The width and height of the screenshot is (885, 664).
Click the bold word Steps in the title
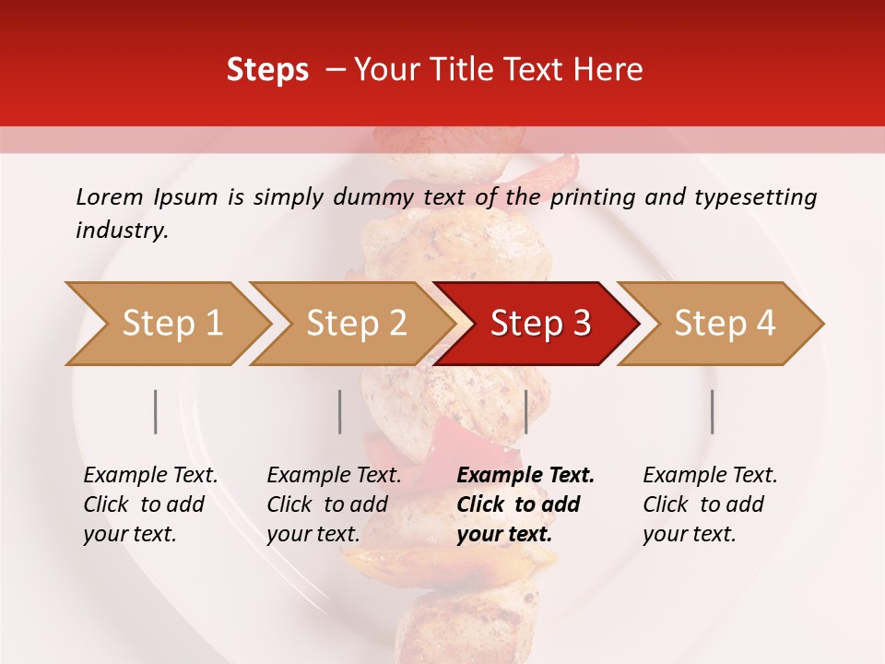267,70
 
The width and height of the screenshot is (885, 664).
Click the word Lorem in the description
109,196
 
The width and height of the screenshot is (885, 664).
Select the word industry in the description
121,231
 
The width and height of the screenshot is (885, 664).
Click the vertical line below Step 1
156,411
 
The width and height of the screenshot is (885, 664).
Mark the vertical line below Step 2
340,411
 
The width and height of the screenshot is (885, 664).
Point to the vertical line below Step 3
525,411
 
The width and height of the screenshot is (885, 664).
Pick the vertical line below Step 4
712,411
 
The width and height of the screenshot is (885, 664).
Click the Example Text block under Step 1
150,504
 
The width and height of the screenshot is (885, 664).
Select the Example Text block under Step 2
334,504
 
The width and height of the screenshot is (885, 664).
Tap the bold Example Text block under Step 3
525,504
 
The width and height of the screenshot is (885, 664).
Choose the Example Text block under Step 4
710,504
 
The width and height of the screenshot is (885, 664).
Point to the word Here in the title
611,70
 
